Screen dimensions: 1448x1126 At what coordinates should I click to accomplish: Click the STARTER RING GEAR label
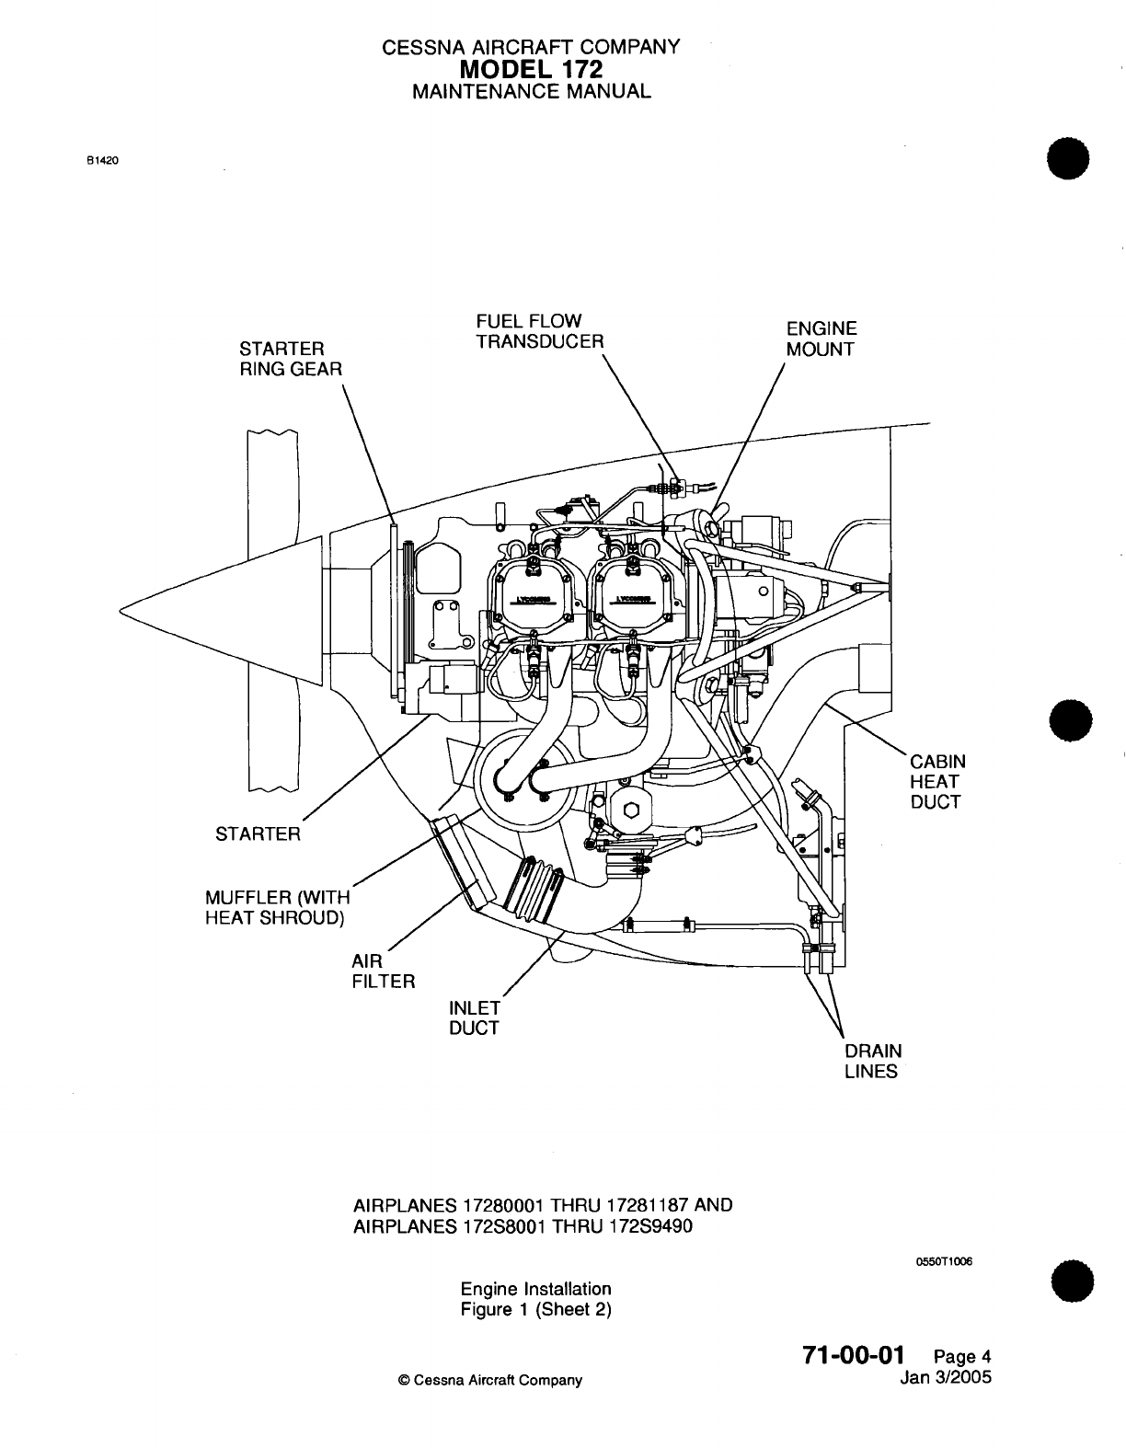tap(290, 359)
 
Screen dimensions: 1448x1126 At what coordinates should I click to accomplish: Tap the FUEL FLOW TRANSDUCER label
tap(540, 331)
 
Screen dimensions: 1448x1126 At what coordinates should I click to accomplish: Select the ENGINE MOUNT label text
tap(822, 339)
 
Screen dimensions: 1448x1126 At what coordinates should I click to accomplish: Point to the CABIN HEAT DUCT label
tap(937, 782)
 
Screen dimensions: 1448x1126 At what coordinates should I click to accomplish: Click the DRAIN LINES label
tap(873, 1061)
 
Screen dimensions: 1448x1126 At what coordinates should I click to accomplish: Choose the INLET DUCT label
tap(474, 1017)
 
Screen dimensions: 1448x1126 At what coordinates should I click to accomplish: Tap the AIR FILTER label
tap(384, 971)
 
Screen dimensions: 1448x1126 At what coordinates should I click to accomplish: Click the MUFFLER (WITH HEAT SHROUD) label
tap(277, 908)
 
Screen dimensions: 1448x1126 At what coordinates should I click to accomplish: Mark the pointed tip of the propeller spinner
tap(123, 608)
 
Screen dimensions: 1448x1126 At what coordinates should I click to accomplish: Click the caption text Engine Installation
tap(536, 1289)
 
